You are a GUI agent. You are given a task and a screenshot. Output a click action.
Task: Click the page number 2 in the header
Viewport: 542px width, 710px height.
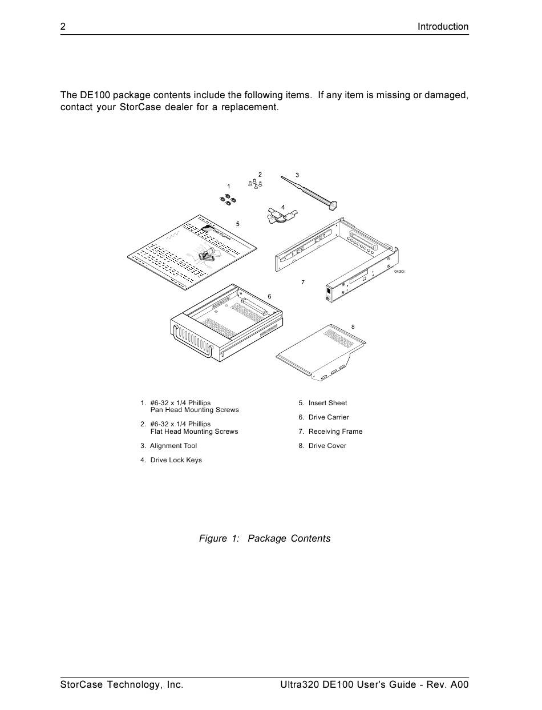click(63, 26)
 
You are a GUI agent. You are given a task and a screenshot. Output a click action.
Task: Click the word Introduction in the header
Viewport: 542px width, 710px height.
click(443, 26)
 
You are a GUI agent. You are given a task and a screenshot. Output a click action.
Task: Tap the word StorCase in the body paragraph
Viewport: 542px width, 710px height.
click(141, 107)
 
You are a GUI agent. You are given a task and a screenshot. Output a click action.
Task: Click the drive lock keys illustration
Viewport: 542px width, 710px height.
click(282, 216)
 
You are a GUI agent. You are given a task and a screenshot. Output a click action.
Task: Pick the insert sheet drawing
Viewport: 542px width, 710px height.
click(191, 251)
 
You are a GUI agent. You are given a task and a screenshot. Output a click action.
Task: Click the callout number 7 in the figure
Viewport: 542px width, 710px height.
click(303, 283)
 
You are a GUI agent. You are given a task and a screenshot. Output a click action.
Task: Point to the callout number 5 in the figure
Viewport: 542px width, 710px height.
click(238, 224)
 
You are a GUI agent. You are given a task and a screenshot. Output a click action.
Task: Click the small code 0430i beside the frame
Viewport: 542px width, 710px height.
click(399, 272)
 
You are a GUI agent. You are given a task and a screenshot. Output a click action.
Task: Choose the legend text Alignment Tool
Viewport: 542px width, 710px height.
click(173, 446)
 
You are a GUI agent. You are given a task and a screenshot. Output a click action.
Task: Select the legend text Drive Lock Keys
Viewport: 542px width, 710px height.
click(176, 460)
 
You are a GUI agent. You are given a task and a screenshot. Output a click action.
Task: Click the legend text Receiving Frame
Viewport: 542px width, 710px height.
click(335, 431)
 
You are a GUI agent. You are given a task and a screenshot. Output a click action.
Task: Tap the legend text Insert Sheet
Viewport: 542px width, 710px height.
click(327, 403)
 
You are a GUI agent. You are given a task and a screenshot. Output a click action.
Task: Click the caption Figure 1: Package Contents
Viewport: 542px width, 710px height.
click(264, 538)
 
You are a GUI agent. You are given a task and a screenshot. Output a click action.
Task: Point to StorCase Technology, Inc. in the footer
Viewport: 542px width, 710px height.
click(122, 684)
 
